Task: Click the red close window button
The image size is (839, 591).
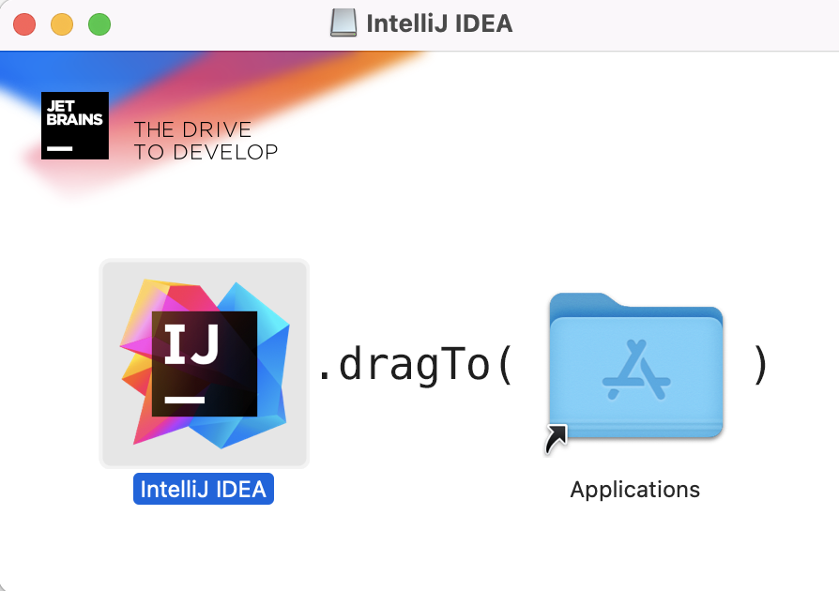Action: (24, 24)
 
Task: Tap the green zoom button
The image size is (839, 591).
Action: (99, 24)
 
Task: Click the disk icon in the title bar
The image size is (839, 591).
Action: (344, 23)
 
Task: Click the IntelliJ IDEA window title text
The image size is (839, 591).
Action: (439, 23)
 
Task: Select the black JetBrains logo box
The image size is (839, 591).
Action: (75, 126)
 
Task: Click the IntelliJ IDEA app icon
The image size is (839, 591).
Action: (204, 363)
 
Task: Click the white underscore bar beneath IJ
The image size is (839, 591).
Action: (184, 401)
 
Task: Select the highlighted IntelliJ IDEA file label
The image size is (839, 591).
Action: (203, 489)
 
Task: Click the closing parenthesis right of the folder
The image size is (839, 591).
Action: (760, 365)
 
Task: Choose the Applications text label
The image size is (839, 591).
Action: (635, 490)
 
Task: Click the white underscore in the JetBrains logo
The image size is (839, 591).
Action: (60, 148)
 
